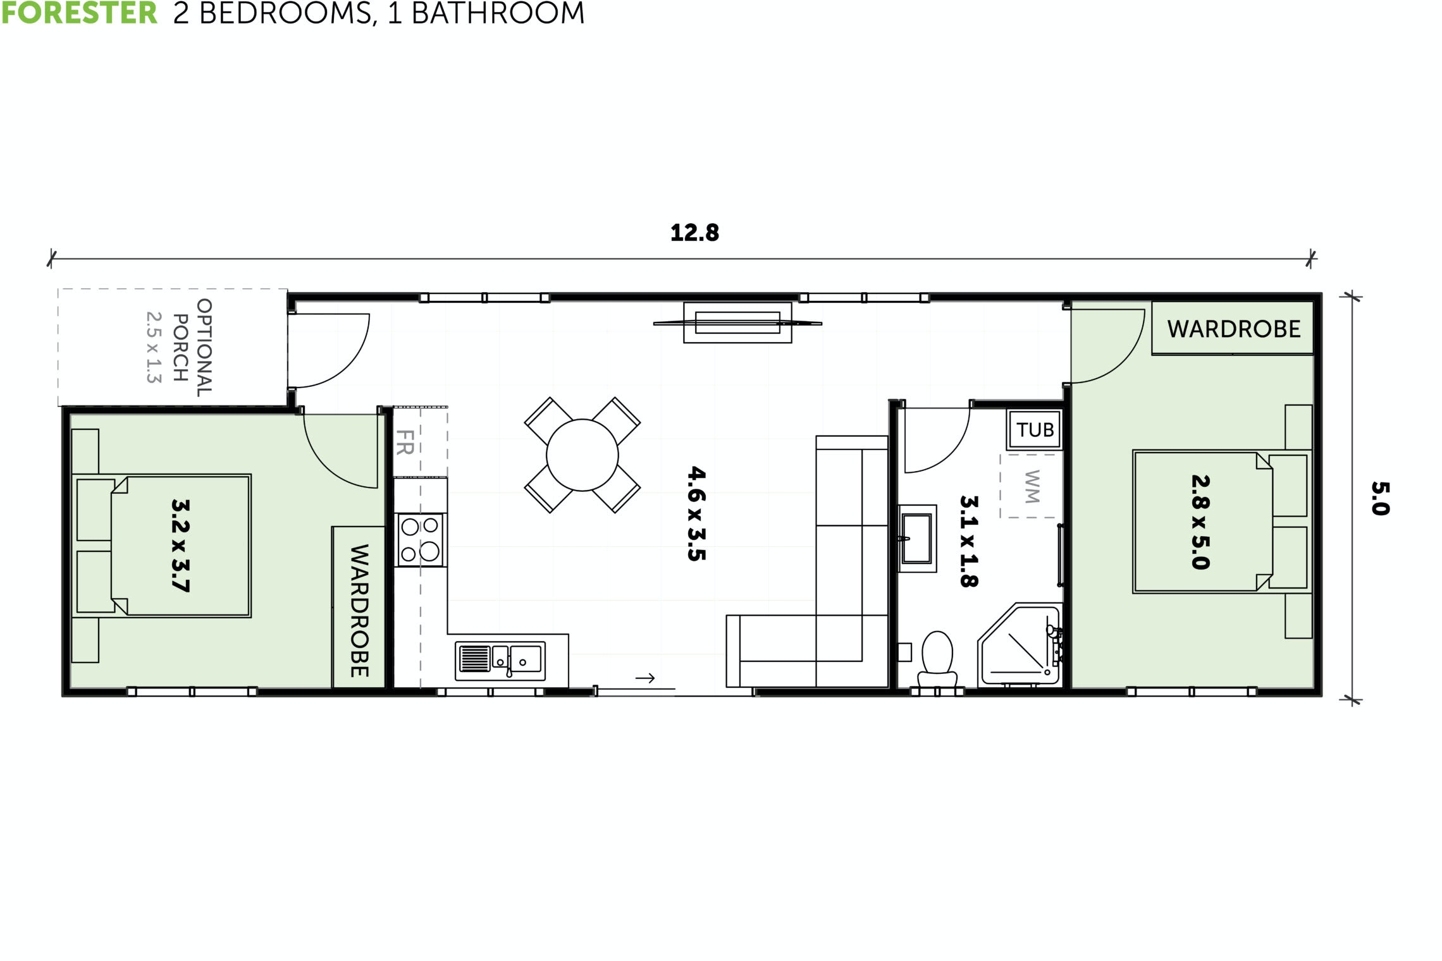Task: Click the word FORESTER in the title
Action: (79, 13)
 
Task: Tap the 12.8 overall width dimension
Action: (694, 233)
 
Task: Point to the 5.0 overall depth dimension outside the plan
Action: (1380, 498)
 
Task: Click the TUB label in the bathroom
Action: (1035, 430)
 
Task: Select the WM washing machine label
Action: (1031, 486)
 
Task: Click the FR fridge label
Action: (405, 443)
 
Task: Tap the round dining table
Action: (582, 455)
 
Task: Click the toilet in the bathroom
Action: (937, 656)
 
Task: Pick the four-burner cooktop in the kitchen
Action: (420, 539)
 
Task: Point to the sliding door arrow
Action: (645, 678)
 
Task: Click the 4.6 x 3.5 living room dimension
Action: (696, 513)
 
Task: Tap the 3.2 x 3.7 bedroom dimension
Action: (180, 545)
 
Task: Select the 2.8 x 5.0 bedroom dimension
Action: (1200, 522)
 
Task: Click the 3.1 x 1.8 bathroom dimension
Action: (969, 541)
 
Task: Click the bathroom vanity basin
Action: (916, 539)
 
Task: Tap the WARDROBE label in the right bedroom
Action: (1233, 329)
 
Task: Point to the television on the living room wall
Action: (737, 323)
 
